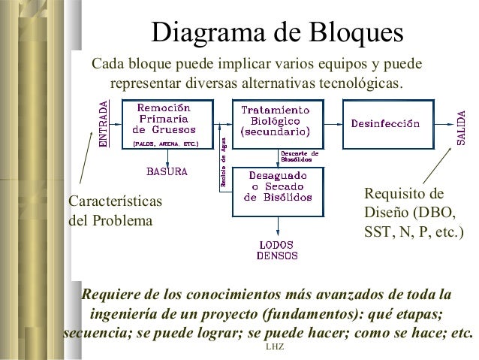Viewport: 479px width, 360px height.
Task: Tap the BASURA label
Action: tap(167, 171)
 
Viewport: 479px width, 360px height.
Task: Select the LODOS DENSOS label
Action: tap(276, 250)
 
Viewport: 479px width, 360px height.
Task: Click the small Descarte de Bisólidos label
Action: tap(299, 155)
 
